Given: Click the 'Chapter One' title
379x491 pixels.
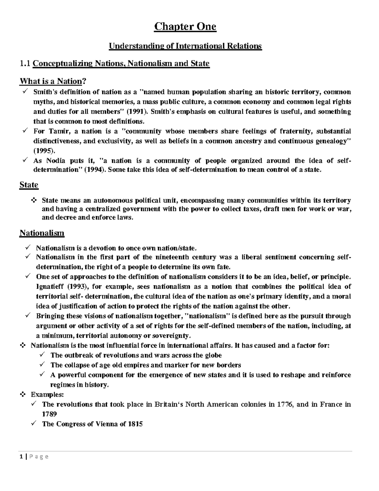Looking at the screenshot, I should (x=185, y=27).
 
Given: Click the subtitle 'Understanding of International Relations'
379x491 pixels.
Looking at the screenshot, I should (x=185, y=46).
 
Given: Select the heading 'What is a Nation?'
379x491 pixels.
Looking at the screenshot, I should (x=53, y=81).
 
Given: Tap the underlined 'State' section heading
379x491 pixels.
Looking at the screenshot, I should (x=29, y=185).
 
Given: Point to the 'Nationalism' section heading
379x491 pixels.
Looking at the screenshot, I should (x=42, y=233).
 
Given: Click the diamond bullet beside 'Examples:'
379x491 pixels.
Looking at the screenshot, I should (x=23, y=395).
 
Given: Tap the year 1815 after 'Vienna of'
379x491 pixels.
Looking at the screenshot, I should (x=135, y=424).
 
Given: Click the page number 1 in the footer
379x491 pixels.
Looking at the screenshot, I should (x=21, y=457).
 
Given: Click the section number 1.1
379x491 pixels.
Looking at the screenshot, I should (x=25, y=64).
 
